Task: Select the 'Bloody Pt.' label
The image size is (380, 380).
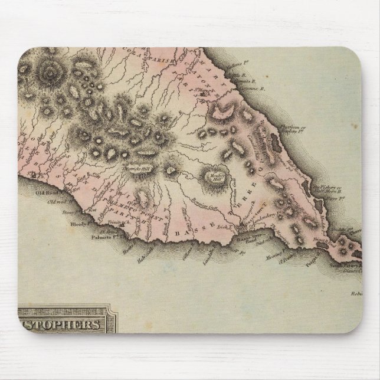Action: [78, 225]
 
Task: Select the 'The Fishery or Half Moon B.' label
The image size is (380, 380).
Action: [327, 191]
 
